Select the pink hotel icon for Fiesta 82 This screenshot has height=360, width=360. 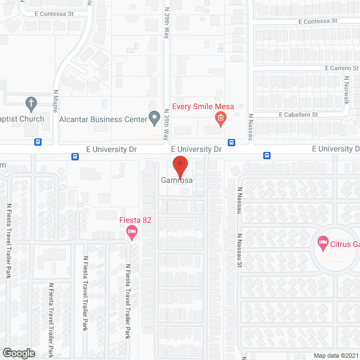pyautogui.click(x=132, y=231)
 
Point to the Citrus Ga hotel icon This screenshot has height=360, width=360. pyautogui.click(x=323, y=244)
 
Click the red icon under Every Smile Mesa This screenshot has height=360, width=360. pyautogui.click(x=220, y=118)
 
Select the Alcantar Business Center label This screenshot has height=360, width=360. pyautogui.click(x=103, y=119)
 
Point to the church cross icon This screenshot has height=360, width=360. pyautogui.click(x=31, y=103)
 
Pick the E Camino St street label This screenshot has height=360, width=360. pyautogui.click(x=341, y=68)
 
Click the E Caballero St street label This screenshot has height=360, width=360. pyautogui.click(x=299, y=115)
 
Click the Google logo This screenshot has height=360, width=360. pyautogui.click(x=18, y=353)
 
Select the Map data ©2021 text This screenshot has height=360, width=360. pyautogui.click(x=336, y=355)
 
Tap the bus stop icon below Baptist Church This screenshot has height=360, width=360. pyautogui.click(x=38, y=142)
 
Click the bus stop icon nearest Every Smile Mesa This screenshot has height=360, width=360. pyautogui.click(x=231, y=142)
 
